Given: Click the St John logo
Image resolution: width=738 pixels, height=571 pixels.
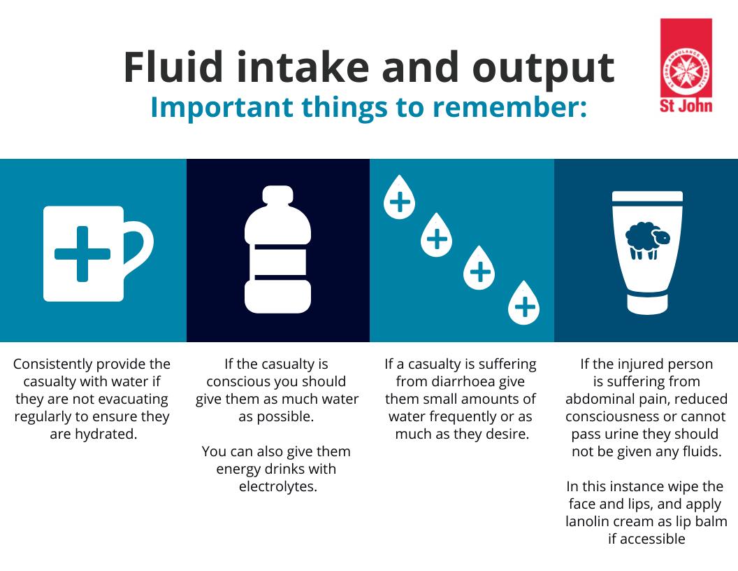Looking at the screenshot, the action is coord(686,66).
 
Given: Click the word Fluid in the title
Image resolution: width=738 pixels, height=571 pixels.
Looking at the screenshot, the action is coord(173,66).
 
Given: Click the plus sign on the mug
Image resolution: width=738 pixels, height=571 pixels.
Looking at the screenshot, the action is coord(82,254).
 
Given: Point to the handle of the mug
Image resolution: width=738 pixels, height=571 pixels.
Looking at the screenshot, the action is coord(140,247).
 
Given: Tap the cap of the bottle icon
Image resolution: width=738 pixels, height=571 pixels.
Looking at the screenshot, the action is coord(277,195).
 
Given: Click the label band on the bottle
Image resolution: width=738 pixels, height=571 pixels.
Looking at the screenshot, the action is coord(277,262).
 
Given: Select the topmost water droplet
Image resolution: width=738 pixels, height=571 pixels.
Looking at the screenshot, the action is coord(400,198).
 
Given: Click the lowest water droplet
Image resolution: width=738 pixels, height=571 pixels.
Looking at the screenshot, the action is coord(524,304).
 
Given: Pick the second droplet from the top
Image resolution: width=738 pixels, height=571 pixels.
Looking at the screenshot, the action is coord(436,235).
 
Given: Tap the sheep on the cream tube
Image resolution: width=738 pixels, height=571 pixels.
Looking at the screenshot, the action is coord(647,240).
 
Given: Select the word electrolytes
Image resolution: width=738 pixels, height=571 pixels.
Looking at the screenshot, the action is coord(278,486).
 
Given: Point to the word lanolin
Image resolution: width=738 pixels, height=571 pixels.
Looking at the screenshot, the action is coord(586,521).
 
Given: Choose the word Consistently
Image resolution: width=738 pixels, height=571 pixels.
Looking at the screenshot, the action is coord(46,364).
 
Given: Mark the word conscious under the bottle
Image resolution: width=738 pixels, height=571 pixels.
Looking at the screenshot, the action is coord(236,381).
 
